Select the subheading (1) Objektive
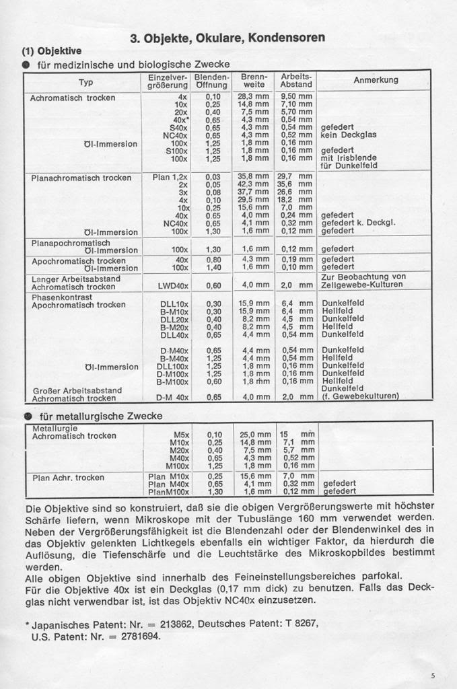52,50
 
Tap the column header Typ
85,82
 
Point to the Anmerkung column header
376,80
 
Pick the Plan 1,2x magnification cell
170,177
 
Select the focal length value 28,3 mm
253,97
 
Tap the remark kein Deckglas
349,135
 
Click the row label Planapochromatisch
71,242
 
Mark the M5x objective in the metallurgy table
181,435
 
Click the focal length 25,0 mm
253,435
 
